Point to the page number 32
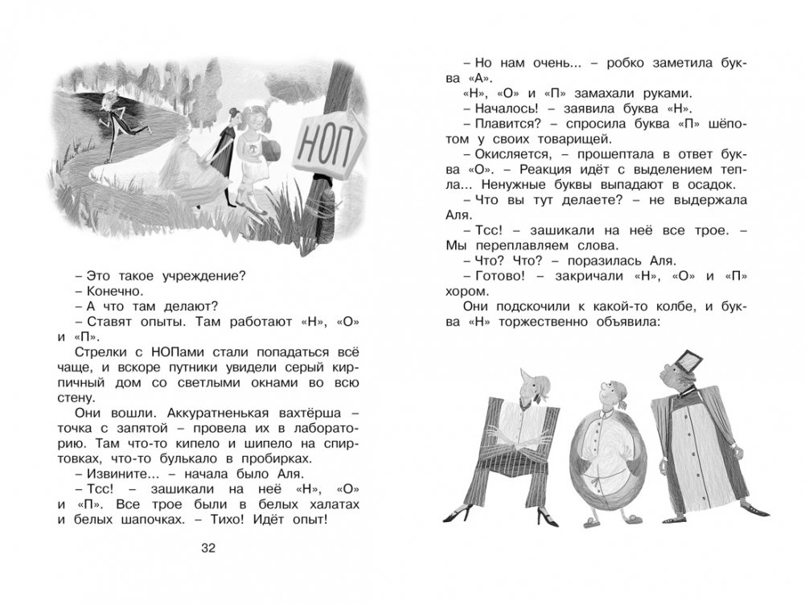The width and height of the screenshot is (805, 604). pos(208,549)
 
